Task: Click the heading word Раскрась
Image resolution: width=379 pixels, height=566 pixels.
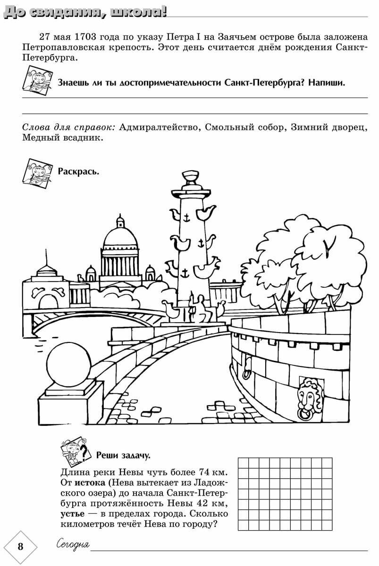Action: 78,170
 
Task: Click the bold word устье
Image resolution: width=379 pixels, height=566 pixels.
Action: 74,514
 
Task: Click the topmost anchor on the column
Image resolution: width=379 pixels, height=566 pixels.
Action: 186,218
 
